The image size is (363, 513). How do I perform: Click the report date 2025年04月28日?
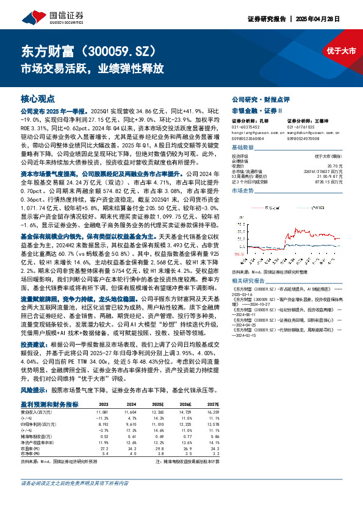point(329,19)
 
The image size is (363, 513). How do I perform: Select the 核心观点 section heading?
point(38,98)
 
